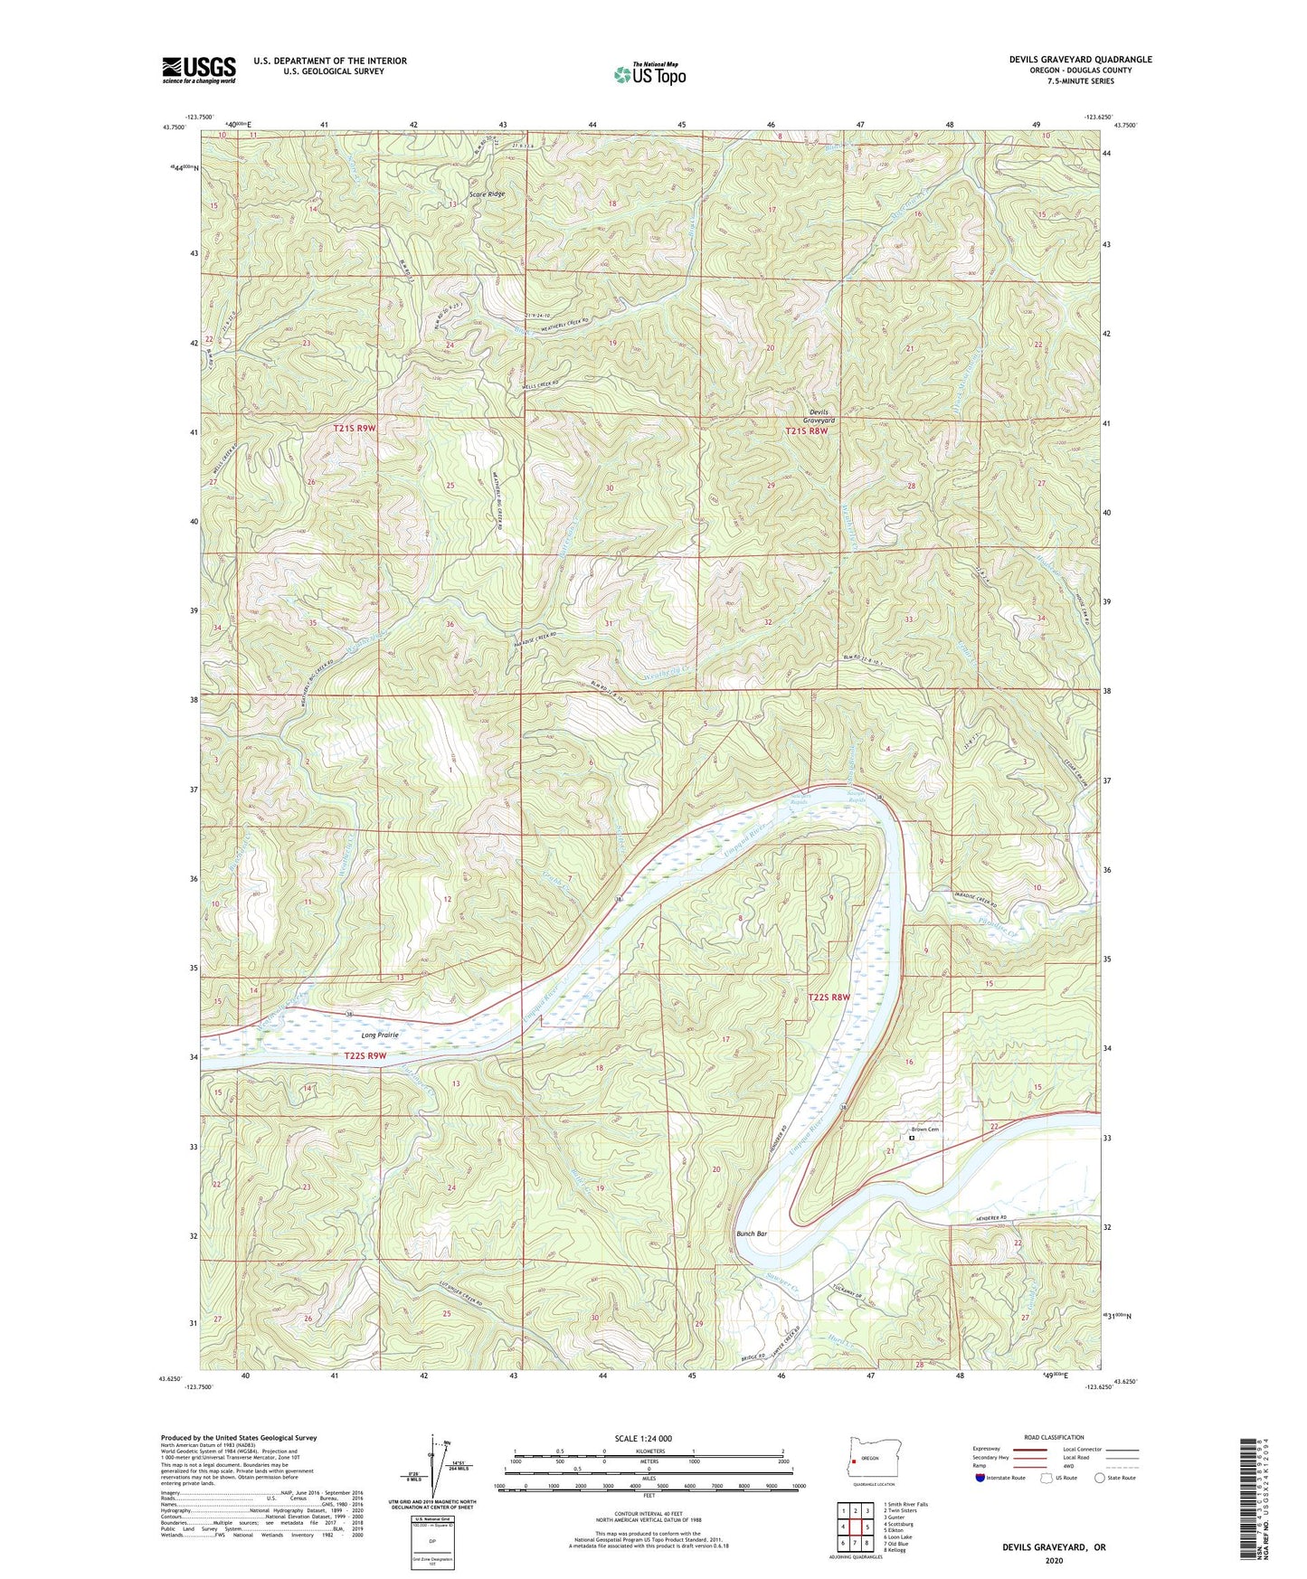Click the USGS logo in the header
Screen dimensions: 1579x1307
(x=199, y=70)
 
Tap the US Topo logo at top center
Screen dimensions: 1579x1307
(x=649, y=74)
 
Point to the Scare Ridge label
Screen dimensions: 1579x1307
(x=487, y=194)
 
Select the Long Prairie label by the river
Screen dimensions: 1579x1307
(x=380, y=1035)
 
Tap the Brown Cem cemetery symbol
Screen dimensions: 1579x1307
(x=912, y=1139)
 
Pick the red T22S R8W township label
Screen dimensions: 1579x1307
(x=829, y=997)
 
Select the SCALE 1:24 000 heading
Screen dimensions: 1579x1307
(x=643, y=1438)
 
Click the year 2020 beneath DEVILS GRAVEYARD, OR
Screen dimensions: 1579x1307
(x=1053, y=1560)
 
